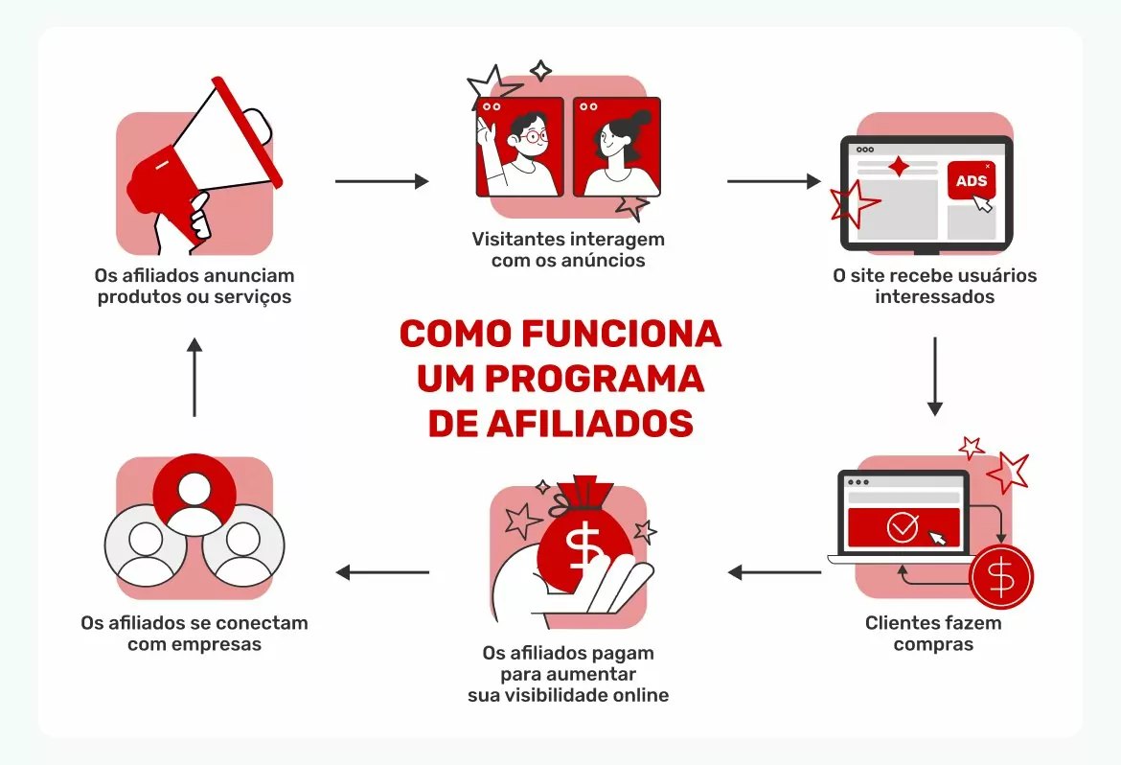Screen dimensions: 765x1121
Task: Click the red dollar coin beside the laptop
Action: tap(1001, 577)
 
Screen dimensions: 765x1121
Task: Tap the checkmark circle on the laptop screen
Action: tap(902, 527)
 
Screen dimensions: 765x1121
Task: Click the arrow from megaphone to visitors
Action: tap(381, 181)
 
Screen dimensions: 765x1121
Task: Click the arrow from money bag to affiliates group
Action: tap(382, 573)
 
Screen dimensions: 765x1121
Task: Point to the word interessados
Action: tap(934, 296)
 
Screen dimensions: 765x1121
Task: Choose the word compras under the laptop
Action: tap(933, 644)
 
